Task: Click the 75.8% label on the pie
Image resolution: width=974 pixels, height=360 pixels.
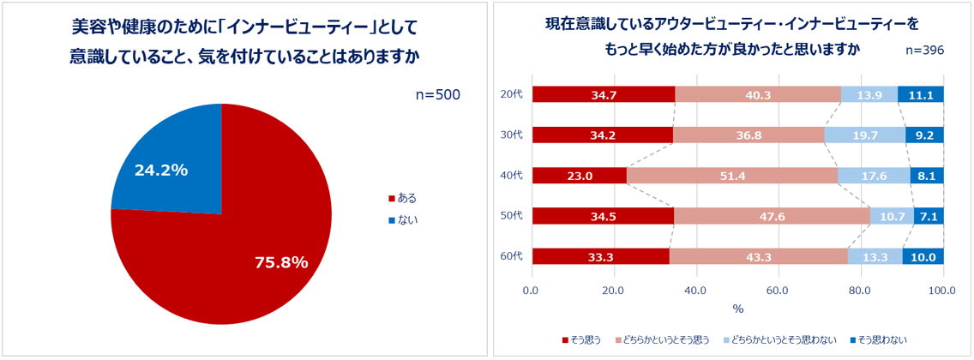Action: click(281, 262)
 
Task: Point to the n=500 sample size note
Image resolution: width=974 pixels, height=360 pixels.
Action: click(437, 94)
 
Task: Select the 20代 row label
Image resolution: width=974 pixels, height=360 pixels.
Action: click(511, 95)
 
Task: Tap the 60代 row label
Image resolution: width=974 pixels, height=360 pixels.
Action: click(511, 256)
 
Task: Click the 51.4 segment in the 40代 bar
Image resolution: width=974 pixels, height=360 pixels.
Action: click(732, 176)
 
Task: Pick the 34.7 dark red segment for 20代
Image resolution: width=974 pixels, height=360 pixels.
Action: click(604, 95)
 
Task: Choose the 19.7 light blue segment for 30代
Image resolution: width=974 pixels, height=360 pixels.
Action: click(865, 135)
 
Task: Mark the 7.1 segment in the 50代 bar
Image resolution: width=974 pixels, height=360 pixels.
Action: click(929, 216)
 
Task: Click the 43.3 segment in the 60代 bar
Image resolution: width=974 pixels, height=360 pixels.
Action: click(759, 256)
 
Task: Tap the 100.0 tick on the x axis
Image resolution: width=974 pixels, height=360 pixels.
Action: click(943, 291)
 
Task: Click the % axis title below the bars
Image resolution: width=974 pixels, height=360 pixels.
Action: click(738, 309)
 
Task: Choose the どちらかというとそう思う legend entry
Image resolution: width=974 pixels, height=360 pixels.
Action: click(665, 340)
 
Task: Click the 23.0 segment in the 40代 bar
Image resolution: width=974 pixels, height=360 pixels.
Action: click(580, 176)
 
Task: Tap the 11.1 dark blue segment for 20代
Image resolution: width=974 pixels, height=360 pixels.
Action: click(921, 95)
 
